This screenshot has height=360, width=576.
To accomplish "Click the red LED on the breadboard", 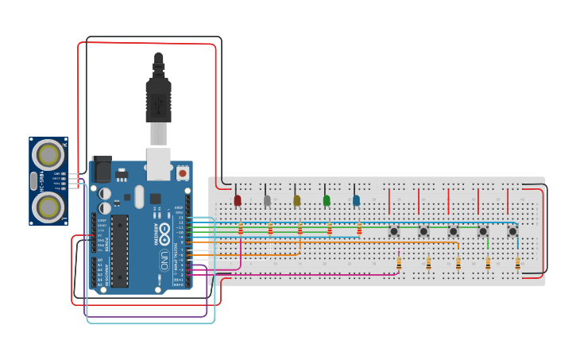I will tap(237, 200).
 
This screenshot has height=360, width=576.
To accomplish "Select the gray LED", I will tap(267, 200).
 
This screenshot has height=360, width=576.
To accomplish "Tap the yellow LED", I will tap(296, 200).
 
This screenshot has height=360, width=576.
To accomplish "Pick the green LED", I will tap(327, 200).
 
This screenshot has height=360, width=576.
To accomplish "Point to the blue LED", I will tap(356, 200).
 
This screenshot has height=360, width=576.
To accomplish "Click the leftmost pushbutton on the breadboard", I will tap(394, 231).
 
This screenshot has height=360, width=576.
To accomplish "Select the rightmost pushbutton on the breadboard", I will tap(512, 231).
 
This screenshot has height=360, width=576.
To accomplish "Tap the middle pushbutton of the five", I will tap(453, 231).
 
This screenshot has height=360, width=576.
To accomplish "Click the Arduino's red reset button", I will tap(183, 172).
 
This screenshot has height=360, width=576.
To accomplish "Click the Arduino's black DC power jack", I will tap(101, 169).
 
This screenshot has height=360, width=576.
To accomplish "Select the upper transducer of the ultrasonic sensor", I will tap(48, 154).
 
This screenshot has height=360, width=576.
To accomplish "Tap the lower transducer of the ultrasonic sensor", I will tap(48, 207).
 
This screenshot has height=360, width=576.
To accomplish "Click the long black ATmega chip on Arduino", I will tap(119, 250).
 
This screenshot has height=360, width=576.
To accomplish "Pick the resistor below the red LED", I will tap(240, 229).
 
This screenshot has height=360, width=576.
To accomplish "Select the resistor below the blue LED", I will tap(359, 229).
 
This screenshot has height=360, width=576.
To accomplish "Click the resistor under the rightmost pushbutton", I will tap(517, 263).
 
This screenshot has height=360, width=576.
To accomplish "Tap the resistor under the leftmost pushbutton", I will tap(399, 263).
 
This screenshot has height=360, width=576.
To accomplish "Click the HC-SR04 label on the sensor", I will tap(33, 181).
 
